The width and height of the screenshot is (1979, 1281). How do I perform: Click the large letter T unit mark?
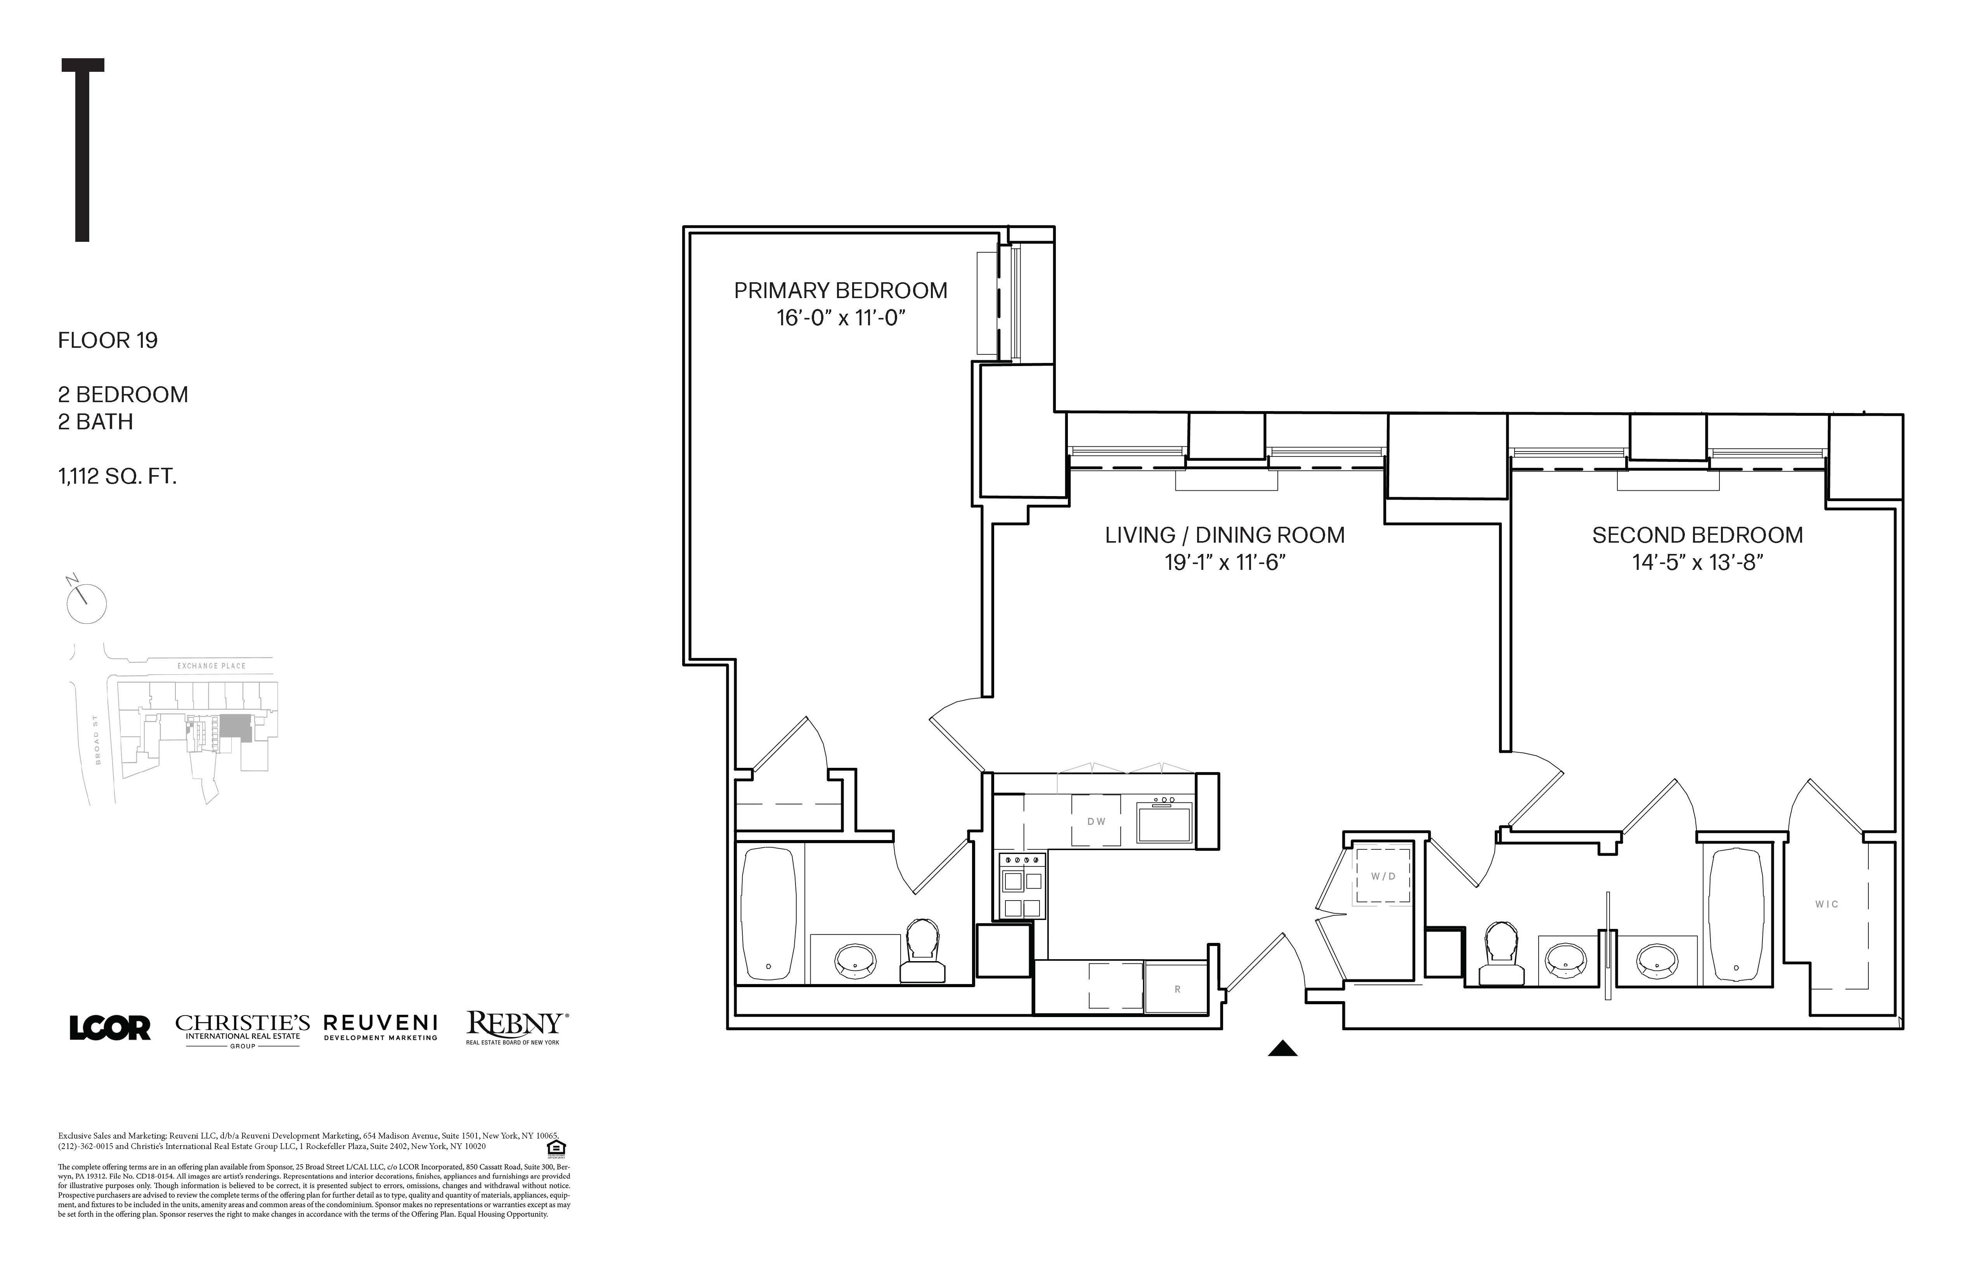82,150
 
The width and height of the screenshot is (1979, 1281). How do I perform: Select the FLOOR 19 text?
107,340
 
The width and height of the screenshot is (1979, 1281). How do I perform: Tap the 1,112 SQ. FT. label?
117,477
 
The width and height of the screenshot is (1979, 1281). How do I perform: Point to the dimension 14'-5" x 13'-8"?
1697,563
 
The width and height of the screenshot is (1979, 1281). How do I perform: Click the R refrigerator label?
1177,989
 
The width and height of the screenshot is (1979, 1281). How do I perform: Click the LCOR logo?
110,1028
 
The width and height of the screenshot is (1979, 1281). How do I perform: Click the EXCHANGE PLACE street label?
211,665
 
